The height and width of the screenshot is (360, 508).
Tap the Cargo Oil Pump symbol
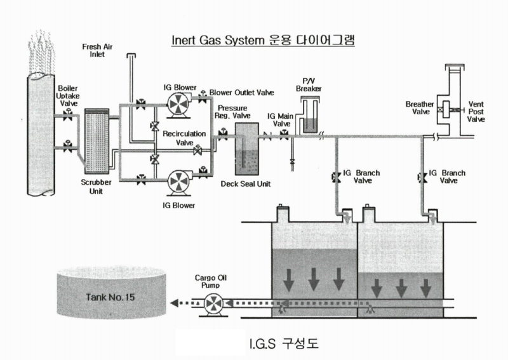[x=214, y=304]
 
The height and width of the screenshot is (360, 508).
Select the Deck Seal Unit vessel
[x=246, y=149]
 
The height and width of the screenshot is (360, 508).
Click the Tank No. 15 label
[x=110, y=297]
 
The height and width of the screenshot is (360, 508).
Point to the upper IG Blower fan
[x=179, y=103]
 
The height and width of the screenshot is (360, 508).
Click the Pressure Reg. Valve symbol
[x=223, y=135]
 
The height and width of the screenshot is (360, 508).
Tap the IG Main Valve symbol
[x=284, y=135]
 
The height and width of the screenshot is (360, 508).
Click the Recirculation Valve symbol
[x=197, y=150]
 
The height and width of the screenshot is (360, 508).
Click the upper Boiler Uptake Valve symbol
[x=68, y=115]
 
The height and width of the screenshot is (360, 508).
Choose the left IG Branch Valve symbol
[x=336, y=178]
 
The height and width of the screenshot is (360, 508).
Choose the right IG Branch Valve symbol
[x=422, y=178]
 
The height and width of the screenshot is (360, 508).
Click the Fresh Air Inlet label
[x=97, y=51]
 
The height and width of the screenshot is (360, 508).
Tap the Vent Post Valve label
[x=476, y=112]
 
